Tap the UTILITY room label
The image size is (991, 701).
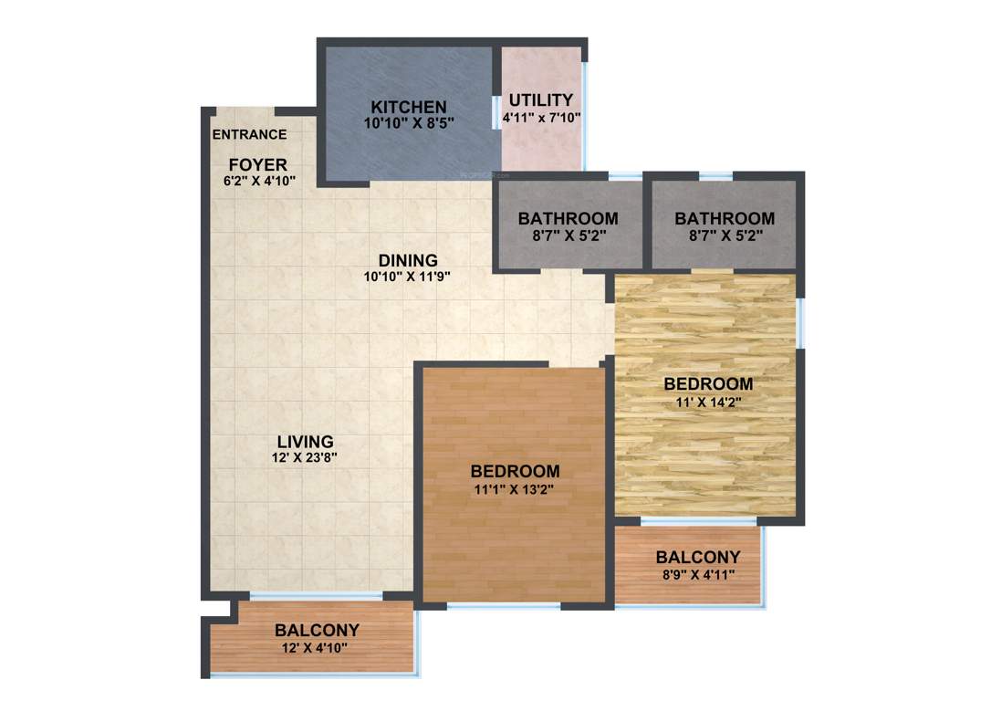[x=541, y=100]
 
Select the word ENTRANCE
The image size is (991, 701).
[x=249, y=135]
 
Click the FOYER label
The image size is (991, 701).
[x=257, y=164]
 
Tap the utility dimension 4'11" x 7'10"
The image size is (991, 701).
[x=541, y=117]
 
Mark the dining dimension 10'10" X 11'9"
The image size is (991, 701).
[x=408, y=276]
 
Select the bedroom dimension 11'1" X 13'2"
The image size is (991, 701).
[x=515, y=488]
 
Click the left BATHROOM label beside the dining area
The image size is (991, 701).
[x=568, y=219]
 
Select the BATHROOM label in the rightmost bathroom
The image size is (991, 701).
[x=725, y=219]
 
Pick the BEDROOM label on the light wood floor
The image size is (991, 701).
[x=708, y=384]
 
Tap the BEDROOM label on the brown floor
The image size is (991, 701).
[x=515, y=472]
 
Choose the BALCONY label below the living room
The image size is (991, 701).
[x=317, y=631]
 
